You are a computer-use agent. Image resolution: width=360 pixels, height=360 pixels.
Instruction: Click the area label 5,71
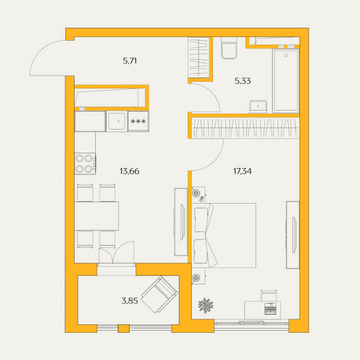(130, 61)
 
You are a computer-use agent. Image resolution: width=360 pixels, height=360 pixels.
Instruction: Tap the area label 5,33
(242, 81)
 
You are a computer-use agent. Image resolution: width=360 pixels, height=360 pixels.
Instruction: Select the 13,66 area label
(129, 171)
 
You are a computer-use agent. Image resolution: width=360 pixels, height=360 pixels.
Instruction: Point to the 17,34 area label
(242, 171)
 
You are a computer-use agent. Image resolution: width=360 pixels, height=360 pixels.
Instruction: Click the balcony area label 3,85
(130, 300)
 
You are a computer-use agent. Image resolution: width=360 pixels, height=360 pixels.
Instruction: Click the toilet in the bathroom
(229, 48)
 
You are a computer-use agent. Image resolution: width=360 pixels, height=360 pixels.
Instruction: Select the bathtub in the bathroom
(285, 81)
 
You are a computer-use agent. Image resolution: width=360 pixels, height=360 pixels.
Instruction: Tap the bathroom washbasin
(258, 107)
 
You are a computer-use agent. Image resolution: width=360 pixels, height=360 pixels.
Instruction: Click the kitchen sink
(117, 121)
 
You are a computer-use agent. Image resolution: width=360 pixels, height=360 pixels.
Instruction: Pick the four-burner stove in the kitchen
(85, 164)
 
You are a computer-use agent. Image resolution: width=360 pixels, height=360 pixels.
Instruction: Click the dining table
(97, 216)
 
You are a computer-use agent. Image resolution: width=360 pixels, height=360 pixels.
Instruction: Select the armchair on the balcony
(159, 294)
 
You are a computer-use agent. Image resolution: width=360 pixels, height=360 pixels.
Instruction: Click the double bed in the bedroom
(224, 236)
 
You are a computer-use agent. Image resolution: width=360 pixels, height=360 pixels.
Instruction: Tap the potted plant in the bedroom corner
(206, 305)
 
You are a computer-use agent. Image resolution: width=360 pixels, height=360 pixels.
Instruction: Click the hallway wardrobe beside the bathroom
(199, 58)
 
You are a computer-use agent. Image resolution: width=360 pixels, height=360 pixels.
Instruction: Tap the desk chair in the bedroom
(269, 295)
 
